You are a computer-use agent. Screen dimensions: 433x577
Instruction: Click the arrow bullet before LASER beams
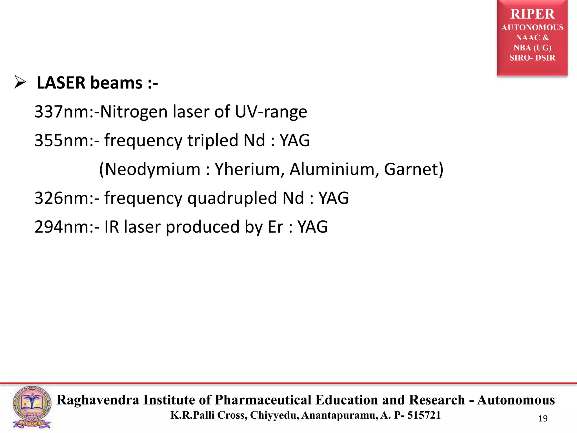(20, 83)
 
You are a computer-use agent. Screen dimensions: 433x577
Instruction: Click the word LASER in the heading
(61, 83)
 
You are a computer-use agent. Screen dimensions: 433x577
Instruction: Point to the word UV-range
(271, 112)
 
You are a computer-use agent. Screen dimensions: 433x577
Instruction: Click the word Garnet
(410, 169)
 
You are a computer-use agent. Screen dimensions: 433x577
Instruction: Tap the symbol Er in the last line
(275, 227)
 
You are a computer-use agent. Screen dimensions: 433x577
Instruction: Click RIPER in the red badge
(532, 14)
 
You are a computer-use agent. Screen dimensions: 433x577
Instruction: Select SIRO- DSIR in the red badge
(532, 58)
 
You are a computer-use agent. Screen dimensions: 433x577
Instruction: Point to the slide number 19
(543, 419)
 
